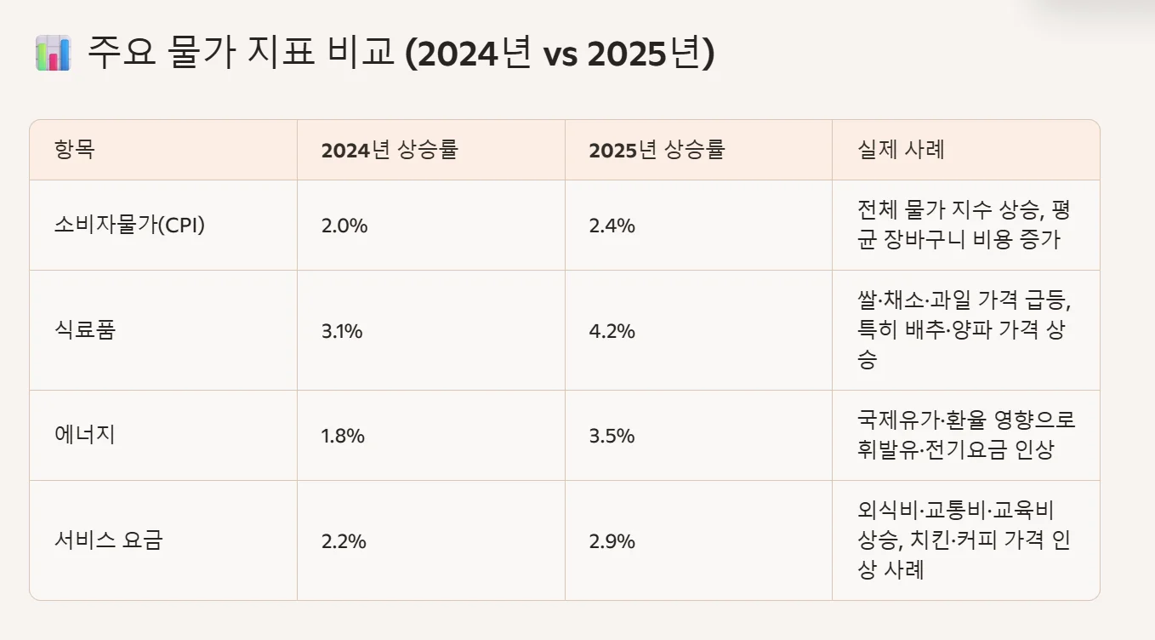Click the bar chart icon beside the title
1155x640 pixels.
click(53, 54)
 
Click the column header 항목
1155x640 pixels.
click(75, 150)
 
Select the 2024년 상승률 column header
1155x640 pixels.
click(390, 150)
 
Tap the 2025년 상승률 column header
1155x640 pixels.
click(657, 150)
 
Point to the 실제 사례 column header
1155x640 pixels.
click(902, 150)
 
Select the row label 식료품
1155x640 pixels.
click(84, 330)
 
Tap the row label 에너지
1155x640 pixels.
click(84, 436)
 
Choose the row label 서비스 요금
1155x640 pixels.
click(107, 540)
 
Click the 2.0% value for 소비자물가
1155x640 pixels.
click(344, 226)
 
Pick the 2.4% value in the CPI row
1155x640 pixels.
click(612, 226)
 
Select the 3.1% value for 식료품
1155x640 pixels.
click(342, 331)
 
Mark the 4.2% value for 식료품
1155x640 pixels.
click(612, 331)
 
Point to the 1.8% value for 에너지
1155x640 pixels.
click(343, 437)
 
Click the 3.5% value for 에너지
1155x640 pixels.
click(612, 437)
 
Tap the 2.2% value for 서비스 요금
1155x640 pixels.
click(344, 541)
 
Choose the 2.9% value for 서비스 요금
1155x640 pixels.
click(612, 541)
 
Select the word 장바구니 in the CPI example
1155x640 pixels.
click(932, 240)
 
